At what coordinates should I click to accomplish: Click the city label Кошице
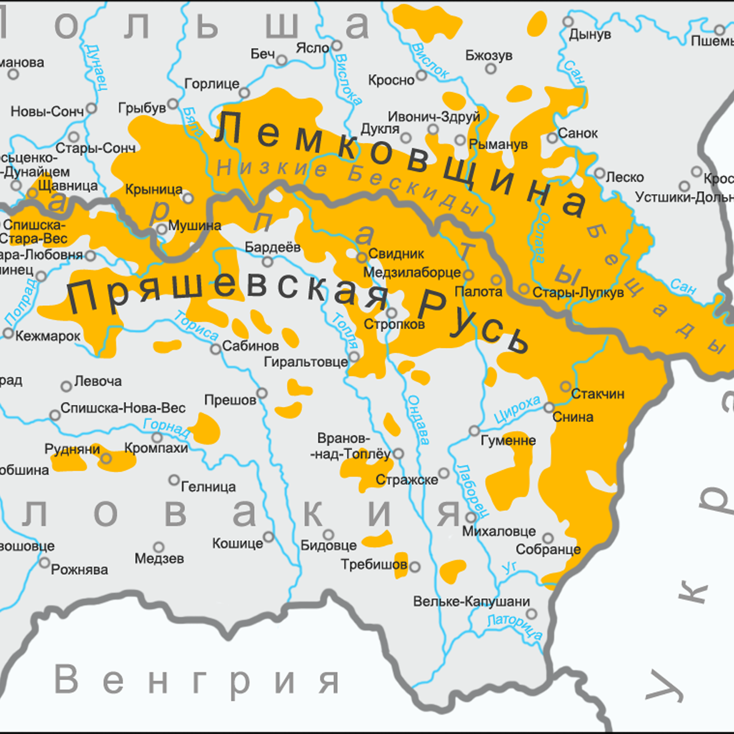pos(237,543)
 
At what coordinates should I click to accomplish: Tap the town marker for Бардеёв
pos(267,262)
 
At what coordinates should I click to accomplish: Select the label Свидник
pos(396,253)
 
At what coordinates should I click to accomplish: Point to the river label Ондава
pos(418,420)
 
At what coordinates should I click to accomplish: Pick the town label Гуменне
pos(508,440)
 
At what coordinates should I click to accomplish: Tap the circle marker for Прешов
pos(262,393)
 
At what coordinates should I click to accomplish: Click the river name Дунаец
pos(96,67)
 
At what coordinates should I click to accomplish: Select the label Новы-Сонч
pos(47,111)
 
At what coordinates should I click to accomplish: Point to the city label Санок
pos(577,133)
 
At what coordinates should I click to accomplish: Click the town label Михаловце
pos(499,531)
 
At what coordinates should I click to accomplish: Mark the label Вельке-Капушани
pos(472,601)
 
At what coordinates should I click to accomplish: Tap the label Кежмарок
pos(48,336)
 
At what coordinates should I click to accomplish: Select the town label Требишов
pos(374,564)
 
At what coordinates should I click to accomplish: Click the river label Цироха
pos(517,409)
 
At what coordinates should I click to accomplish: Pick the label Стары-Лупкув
pos(578,292)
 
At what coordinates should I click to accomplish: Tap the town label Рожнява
pos(80,569)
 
